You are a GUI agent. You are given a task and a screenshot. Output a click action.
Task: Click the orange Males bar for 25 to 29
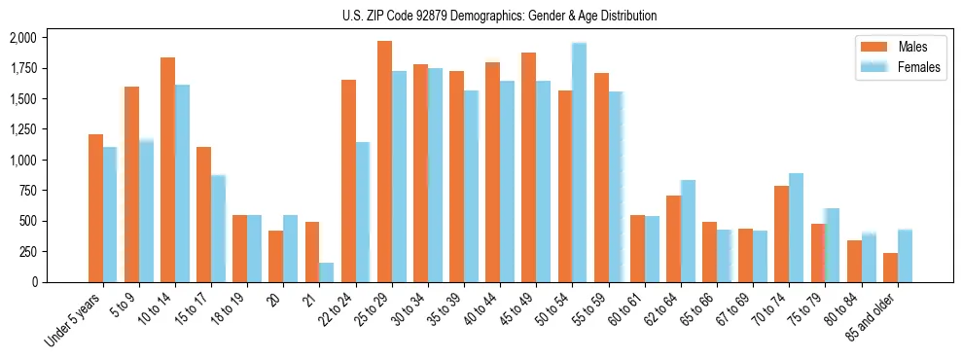point(384,162)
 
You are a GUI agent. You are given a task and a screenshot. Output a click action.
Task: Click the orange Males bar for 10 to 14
point(167,169)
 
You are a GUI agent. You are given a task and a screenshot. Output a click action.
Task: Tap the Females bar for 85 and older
point(905,256)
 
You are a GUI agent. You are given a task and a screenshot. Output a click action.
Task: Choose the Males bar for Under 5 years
point(95,208)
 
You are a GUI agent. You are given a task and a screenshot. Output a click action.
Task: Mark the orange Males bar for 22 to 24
point(348,181)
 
